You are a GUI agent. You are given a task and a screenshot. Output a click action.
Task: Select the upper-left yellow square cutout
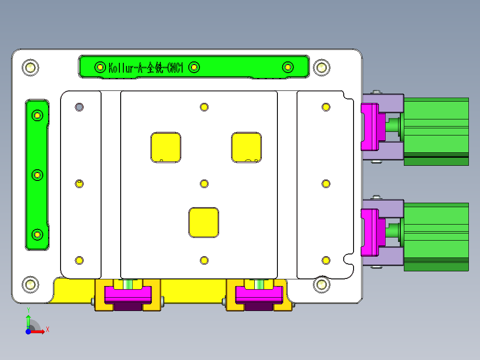click(166, 147)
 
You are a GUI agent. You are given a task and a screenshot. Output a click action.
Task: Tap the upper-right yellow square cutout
click(246, 147)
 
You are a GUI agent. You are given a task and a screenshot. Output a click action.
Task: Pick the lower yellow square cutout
click(204, 222)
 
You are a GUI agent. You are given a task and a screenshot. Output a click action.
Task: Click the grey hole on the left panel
click(79, 107)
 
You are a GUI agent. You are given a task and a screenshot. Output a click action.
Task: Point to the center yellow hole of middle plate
click(204, 184)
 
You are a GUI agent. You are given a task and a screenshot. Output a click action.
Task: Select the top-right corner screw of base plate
click(321, 68)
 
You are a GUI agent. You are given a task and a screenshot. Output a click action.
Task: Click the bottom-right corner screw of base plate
click(321, 284)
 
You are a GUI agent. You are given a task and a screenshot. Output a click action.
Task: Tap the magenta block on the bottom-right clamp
click(259, 294)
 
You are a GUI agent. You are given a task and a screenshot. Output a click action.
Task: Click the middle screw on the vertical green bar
click(37, 175)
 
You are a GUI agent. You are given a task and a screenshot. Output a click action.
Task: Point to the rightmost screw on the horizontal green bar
click(288, 67)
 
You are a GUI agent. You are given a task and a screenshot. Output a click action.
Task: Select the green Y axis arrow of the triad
click(28, 320)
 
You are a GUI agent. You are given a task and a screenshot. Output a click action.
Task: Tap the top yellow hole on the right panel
click(326, 107)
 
